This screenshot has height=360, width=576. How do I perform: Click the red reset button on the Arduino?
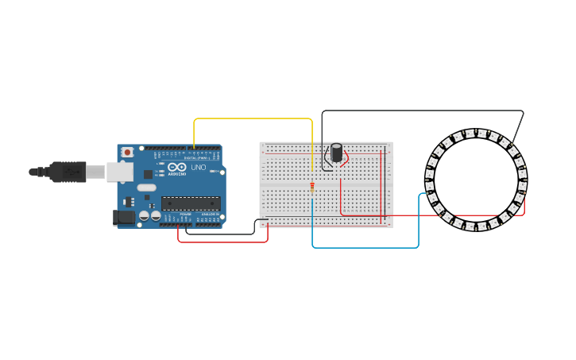(x=127, y=152)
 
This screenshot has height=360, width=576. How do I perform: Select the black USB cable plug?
(x=68, y=171)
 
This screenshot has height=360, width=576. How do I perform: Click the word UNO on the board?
(x=199, y=168)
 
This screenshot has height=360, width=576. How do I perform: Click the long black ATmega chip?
(x=191, y=204)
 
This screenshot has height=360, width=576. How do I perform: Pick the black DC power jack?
(x=125, y=215)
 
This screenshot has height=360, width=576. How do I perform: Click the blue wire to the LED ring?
(x=365, y=247)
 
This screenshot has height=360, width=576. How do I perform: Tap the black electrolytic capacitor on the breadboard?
(x=337, y=152)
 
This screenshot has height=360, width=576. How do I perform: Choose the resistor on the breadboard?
(x=312, y=188)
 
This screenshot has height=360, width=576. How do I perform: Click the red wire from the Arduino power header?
(x=222, y=241)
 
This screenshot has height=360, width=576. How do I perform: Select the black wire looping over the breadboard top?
(x=421, y=111)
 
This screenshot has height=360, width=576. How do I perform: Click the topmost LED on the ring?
(x=475, y=133)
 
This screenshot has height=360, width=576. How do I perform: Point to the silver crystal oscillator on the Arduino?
(x=147, y=188)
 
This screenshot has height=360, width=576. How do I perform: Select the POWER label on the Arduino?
(x=185, y=215)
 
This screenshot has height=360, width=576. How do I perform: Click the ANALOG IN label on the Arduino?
(x=210, y=215)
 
